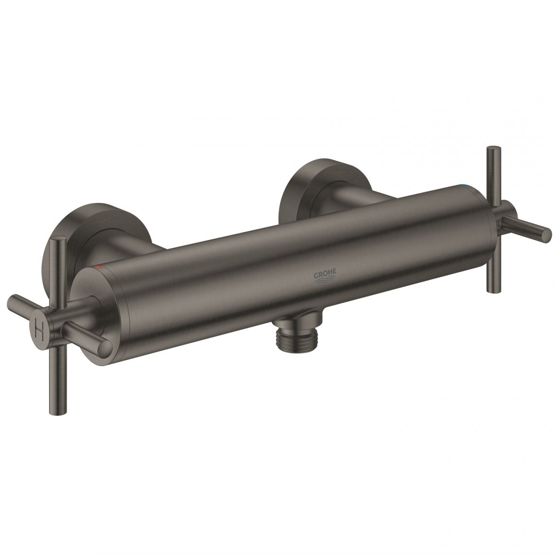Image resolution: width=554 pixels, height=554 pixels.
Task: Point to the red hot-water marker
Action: [99, 268]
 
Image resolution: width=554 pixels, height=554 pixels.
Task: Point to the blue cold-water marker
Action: [467, 187]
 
